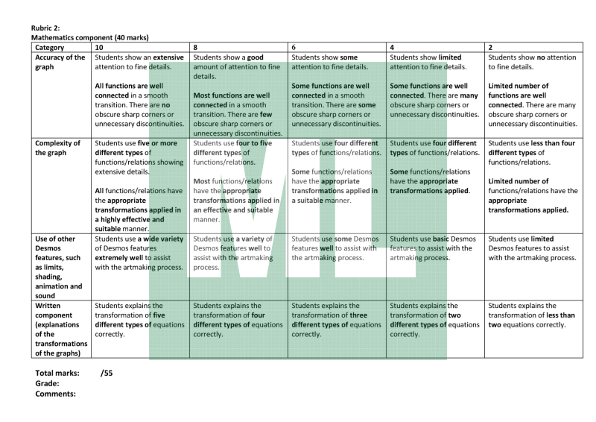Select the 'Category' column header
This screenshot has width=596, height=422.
tap(50, 47)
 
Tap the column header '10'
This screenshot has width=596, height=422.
tap(99, 47)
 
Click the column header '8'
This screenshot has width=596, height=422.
tap(195, 47)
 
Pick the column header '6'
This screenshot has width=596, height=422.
tap(294, 47)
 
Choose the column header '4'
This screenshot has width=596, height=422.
tap(393, 47)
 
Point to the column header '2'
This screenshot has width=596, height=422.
tap(490, 47)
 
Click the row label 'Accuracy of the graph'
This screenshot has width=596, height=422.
tap(60, 62)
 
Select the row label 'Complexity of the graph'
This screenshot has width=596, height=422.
tap(59, 148)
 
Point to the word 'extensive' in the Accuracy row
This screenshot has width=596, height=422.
tap(168, 57)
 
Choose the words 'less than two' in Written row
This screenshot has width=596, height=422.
tap(550, 315)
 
